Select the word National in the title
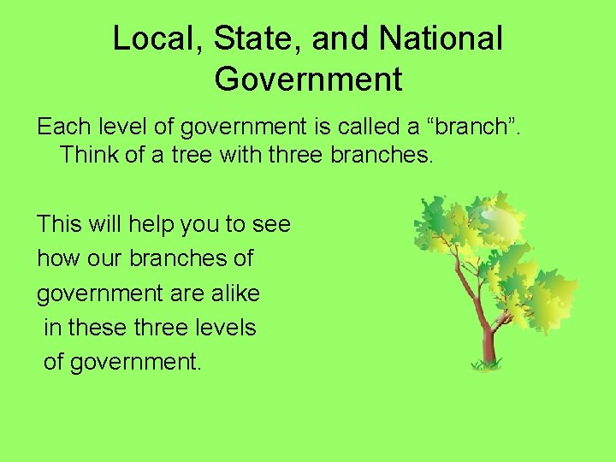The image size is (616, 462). [x=441, y=38]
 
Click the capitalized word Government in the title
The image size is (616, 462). [x=308, y=79]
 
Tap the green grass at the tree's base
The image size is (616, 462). [x=488, y=365]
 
